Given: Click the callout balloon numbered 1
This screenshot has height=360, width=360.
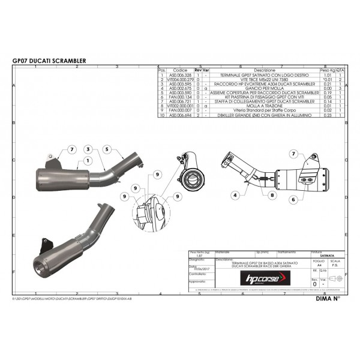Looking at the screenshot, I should pos(87,161).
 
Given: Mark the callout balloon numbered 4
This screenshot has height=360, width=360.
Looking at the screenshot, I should pos(236,195).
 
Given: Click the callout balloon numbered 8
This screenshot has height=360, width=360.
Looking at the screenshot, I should pos(272,195).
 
